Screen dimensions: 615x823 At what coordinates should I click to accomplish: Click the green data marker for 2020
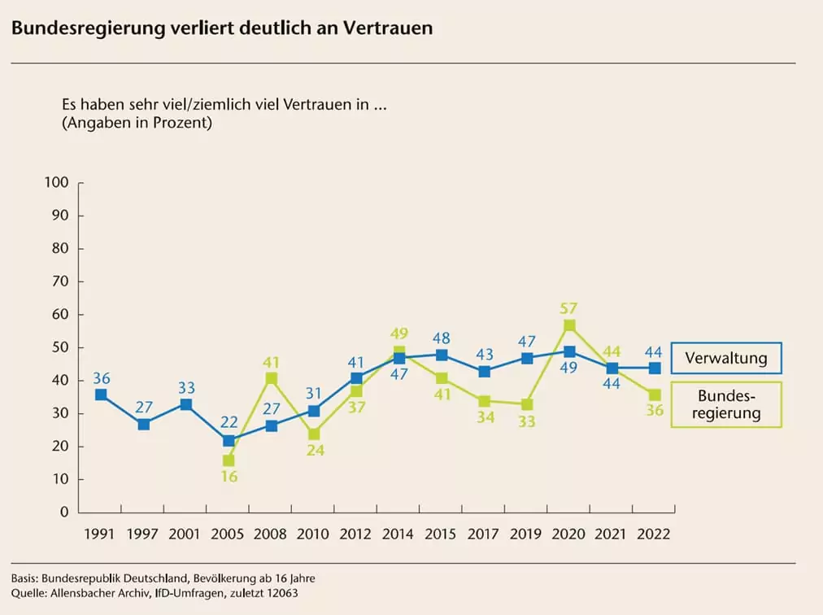[569, 325]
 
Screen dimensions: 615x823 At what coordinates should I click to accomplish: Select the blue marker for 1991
[101, 395]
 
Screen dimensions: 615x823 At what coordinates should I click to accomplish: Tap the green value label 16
[229, 477]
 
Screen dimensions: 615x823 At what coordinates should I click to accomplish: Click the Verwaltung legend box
[725, 358]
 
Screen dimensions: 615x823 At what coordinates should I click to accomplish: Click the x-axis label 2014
[398, 534]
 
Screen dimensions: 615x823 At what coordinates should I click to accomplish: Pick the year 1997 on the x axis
[144, 534]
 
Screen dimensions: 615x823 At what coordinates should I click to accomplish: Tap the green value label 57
[569, 308]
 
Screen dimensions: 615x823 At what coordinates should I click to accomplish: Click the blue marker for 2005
[229, 441]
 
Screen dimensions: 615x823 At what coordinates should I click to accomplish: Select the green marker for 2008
[272, 378]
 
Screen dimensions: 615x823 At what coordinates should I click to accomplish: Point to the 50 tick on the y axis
[60, 347]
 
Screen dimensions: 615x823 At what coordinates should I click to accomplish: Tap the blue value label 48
[441, 338]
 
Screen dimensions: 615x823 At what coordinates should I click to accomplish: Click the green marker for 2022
[655, 395]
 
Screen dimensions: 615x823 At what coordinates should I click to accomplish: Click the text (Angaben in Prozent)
[137, 124]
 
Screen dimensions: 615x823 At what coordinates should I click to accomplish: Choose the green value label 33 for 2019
[527, 421]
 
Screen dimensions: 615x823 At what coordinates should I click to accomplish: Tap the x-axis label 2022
[654, 534]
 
